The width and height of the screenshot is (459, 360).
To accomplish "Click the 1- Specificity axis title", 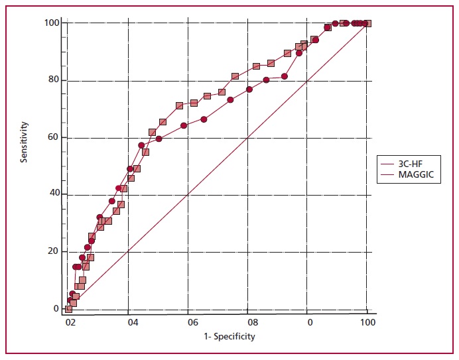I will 221,336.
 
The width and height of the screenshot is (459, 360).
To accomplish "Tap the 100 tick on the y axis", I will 53,23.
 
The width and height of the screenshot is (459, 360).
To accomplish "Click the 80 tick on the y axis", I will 55,80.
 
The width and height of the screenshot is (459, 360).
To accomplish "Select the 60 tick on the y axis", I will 55,137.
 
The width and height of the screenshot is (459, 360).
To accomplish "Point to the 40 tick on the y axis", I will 55,194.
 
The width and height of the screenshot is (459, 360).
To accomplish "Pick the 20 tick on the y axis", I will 55,251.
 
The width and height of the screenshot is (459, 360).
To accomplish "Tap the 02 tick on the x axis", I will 71,322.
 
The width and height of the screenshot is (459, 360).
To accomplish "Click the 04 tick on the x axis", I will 133,322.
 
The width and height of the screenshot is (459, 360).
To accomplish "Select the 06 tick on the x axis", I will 192,322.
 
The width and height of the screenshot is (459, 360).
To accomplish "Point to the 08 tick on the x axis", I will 252,322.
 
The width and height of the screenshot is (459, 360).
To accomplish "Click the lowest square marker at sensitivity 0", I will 68,309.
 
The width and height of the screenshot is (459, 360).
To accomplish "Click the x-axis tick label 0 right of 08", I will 310,322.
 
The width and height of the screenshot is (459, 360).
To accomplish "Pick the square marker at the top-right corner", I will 367,23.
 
